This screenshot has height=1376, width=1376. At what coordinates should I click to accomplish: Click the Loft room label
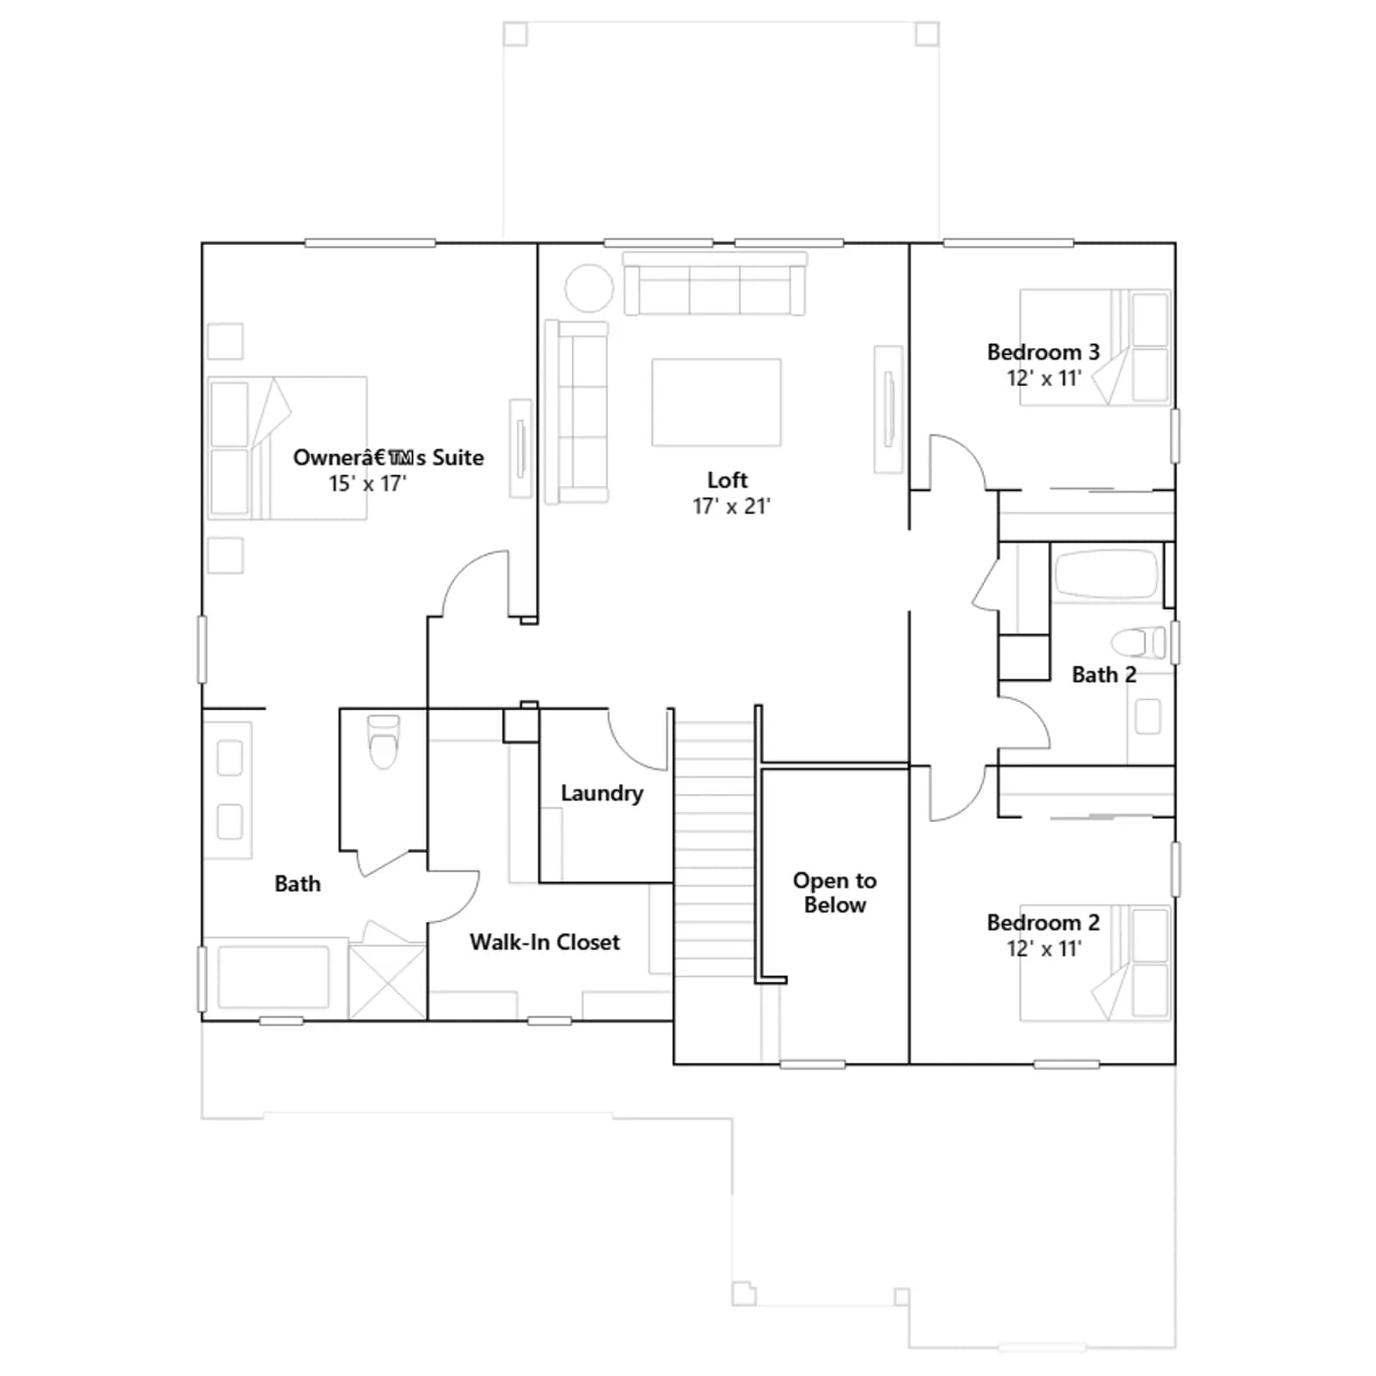click(728, 480)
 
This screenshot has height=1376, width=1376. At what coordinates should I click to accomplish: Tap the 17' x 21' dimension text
click(731, 507)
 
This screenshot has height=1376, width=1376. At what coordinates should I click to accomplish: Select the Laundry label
click(602, 793)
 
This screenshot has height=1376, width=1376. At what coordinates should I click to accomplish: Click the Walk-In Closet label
click(544, 942)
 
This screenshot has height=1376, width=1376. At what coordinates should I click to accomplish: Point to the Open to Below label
click(834, 893)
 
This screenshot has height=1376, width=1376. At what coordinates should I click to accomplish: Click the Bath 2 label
click(1104, 675)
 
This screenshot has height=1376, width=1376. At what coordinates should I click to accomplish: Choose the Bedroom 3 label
click(1043, 352)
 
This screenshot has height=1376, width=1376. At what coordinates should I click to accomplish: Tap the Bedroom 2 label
click(1043, 923)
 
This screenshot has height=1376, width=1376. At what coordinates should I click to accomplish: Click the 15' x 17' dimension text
click(367, 483)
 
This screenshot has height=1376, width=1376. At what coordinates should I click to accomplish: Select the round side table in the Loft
click(589, 287)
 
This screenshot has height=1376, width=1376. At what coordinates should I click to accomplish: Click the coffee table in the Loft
click(716, 402)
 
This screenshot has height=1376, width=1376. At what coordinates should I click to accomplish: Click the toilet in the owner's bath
click(384, 741)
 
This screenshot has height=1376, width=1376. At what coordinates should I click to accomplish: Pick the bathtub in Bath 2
click(1106, 574)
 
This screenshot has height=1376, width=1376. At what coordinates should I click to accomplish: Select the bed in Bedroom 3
click(1095, 347)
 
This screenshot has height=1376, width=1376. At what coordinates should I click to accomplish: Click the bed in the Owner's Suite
click(287, 448)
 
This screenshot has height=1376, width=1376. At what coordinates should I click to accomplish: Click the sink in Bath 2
click(1148, 716)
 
